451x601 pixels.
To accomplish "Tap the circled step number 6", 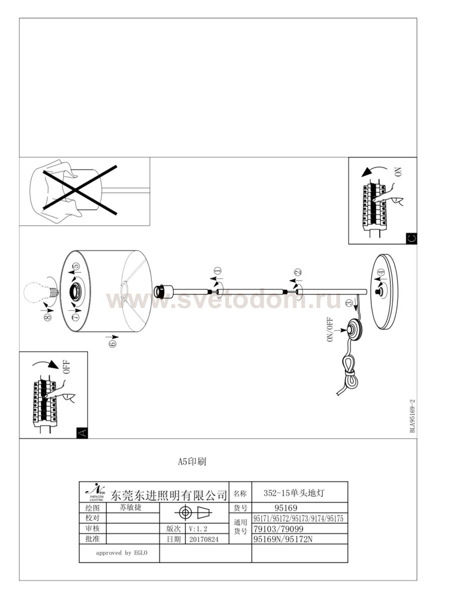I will click(112, 343).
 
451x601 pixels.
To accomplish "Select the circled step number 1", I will click(217, 273).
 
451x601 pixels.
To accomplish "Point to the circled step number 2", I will click(298, 273).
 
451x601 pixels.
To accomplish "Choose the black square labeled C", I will click(410, 238).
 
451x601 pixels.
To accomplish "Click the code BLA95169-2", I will click(412, 416).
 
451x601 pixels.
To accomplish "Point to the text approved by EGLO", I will click(120, 553).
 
